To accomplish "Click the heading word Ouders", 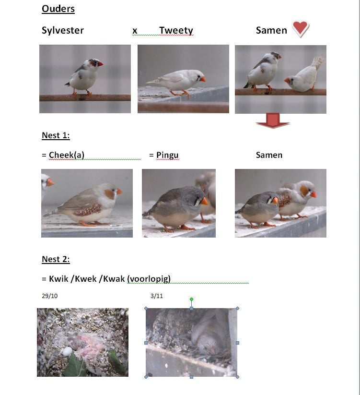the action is (x=58, y=9).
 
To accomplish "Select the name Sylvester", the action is (x=63, y=30).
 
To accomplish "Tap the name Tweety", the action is (x=176, y=30).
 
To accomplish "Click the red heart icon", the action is (x=301, y=29).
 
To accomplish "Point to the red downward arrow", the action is (x=273, y=120).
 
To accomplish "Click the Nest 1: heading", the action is (x=56, y=135).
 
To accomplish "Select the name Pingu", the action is (x=167, y=155).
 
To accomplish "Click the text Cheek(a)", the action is (x=67, y=155).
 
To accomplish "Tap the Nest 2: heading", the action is (x=56, y=259).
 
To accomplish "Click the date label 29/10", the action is (x=49, y=296).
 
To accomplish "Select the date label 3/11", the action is (x=156, y=296).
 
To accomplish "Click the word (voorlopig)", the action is (x=149, y=279).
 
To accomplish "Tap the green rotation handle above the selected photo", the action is (x=191, y=299).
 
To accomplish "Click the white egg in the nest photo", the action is (x=67, y=351).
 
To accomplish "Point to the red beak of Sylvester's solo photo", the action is (x=100, y=64).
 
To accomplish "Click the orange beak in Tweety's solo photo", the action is (x=203, y=79).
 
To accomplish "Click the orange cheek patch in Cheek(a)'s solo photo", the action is (x=109, y=194).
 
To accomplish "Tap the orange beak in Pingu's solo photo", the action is (x=204, y=201).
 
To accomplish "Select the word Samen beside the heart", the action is (x=271, y=30).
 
